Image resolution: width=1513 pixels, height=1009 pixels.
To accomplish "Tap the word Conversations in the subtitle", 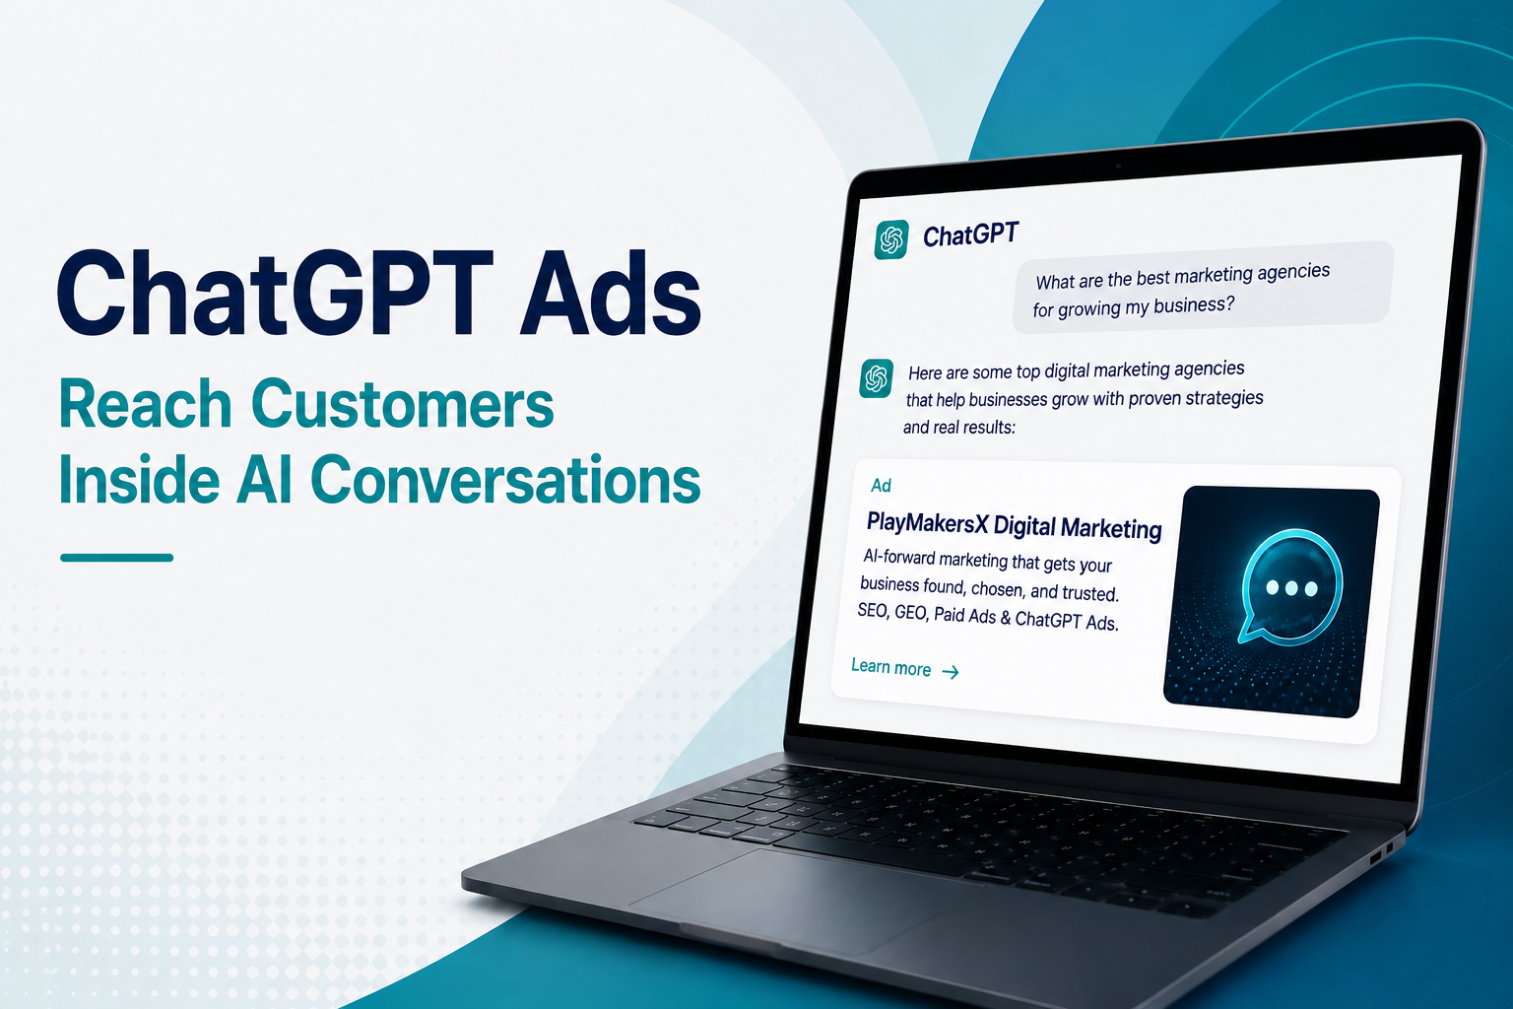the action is [505, 479].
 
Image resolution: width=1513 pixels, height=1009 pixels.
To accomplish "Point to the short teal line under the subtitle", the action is [117, 558].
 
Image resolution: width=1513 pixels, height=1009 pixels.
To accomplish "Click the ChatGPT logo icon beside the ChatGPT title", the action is [890, 239].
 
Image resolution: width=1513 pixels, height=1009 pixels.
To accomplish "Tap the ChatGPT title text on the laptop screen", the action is [970, 235].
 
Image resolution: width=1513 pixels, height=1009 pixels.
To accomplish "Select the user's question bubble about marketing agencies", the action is [1203, 287].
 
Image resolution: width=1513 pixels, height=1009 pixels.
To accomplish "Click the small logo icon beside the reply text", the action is [876, 378].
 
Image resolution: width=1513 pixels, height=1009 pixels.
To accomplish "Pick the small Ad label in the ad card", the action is [881, 485].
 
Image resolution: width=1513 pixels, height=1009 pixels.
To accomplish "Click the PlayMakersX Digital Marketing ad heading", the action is [1014, 525].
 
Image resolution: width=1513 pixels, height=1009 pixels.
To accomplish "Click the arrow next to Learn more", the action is [951, 672].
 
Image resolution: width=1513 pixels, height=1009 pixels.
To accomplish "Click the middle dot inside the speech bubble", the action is [1291, 588].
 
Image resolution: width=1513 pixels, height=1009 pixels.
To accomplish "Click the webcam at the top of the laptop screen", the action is [1119, 166].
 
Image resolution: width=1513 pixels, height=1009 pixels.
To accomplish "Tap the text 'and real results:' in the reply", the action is [959, 427].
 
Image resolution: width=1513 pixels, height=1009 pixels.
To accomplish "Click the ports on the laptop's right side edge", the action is [1382, 853].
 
